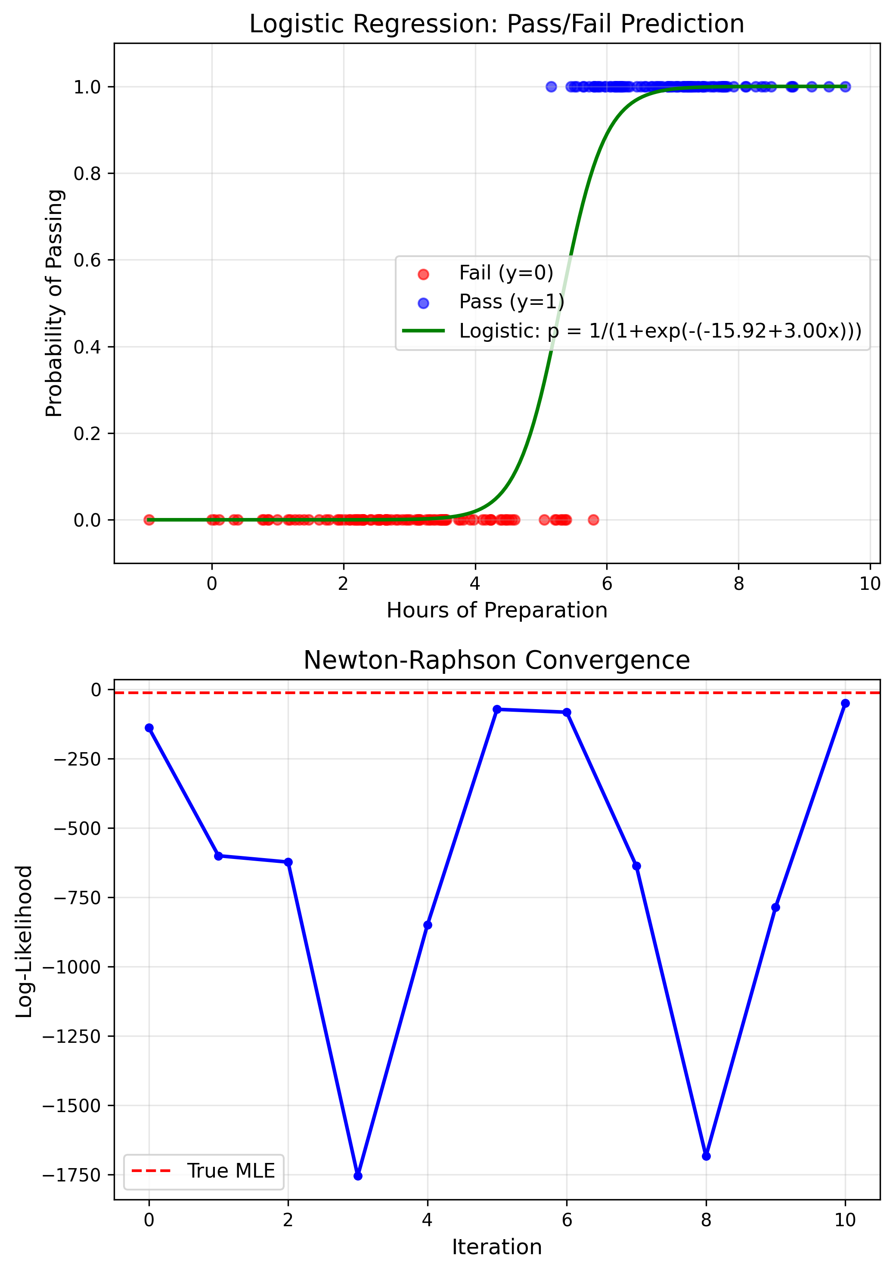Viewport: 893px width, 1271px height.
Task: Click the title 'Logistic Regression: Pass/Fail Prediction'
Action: tap(496, 25)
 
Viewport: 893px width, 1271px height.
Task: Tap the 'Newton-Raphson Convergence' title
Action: tap(496, 660)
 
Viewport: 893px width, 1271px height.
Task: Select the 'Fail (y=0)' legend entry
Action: tap(505, 273)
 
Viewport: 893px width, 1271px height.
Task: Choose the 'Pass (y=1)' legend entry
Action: tap(511, 302)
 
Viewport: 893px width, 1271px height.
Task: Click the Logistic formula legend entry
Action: tap(660, 331)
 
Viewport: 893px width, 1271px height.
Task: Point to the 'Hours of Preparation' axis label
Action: tap(496, 610)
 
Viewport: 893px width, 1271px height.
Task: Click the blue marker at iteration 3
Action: tap(358, 1176)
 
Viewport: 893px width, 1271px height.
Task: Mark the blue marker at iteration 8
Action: tap(706, 1156)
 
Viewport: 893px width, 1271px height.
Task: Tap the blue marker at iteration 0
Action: tap(149, 728)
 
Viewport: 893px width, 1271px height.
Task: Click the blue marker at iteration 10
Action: tap(845, 704)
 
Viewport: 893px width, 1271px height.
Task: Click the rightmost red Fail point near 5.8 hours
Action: tap(593, 520)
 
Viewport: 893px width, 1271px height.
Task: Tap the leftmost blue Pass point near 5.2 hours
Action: tap(551, 87)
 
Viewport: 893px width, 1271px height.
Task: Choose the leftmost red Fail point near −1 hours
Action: tap(149, 520)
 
